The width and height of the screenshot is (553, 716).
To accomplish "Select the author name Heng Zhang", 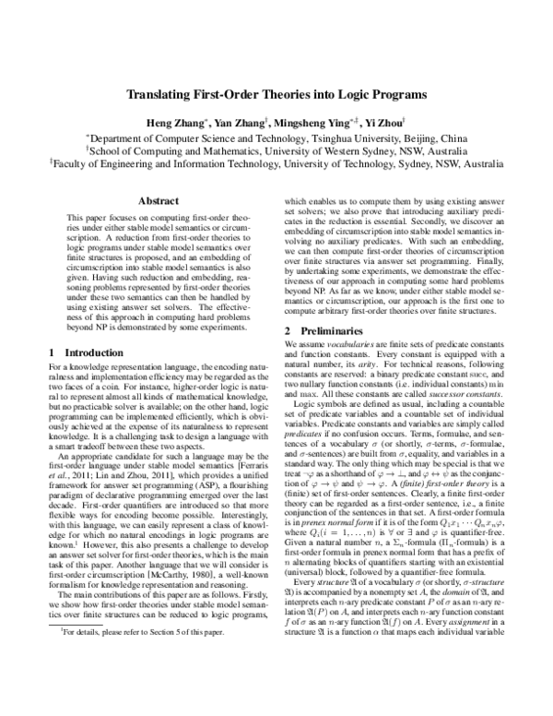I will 169,123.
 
